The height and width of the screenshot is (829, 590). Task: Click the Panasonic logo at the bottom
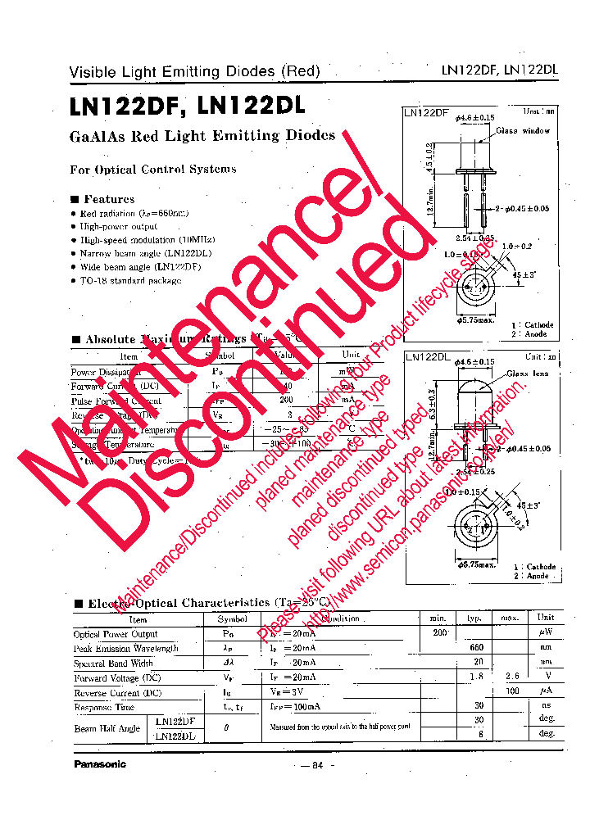click(100, 764)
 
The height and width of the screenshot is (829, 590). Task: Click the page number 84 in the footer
click(317, 765)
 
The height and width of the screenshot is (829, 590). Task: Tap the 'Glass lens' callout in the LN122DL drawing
click(527, 374)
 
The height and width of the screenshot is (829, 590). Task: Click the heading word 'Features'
click(109, 199)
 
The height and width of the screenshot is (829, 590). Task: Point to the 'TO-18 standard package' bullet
click(130, 280)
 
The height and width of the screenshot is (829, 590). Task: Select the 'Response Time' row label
click(104, 707)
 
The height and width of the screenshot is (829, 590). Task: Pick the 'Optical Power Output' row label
click(115, 634)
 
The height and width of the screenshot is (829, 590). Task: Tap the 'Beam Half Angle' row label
click(107, 728)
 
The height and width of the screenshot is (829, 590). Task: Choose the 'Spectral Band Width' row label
click(113, 663)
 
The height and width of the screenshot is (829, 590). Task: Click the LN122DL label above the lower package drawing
click(428, 357)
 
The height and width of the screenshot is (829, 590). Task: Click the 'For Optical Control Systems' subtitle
click(153, 170)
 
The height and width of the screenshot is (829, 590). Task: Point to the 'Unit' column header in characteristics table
click(545, 618)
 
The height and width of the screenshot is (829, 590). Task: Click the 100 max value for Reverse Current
click(511, 692)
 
